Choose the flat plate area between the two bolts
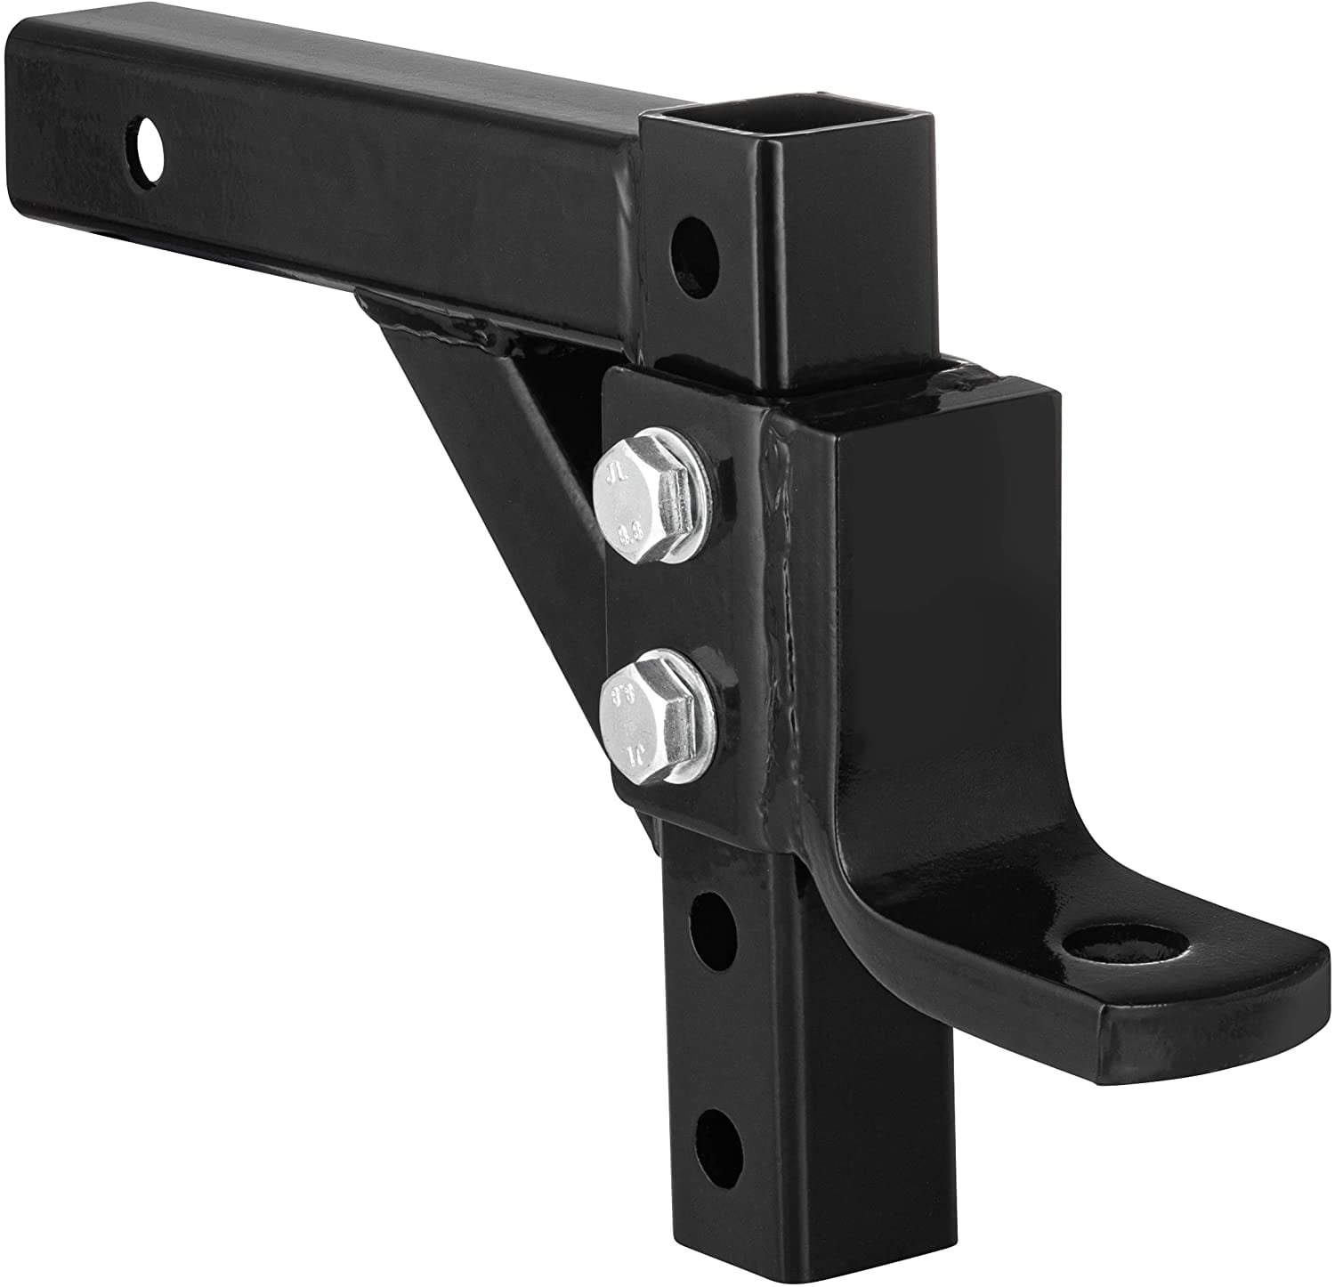tap(663, 614)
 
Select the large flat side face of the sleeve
tap(934, 623)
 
